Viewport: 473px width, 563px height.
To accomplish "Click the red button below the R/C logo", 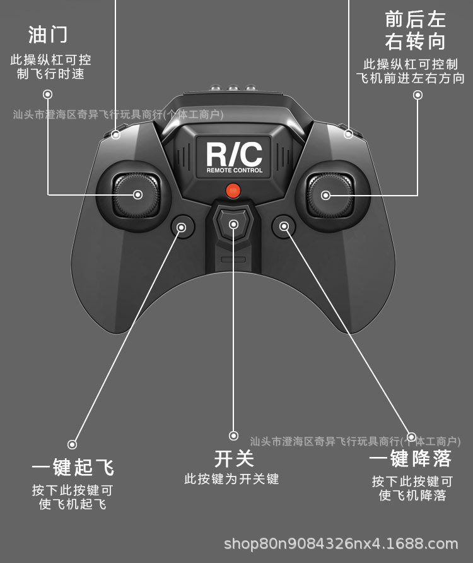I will (233, 189).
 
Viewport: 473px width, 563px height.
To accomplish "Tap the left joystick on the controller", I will (137, 194).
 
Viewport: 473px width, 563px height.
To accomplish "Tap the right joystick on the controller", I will (326, 194).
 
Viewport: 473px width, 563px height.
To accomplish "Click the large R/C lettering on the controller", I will (234, 154).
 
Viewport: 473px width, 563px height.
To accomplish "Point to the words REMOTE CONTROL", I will (234, 171).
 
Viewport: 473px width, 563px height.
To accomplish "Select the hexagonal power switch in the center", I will (233, 224).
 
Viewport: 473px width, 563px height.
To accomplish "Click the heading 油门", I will (48, 35).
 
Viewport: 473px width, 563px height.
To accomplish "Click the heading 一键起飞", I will (73, 468).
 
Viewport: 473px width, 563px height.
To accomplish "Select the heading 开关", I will (234, 459).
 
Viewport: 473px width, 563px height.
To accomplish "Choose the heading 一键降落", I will (411, 459).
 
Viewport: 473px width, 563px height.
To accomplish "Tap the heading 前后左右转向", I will (415, 30).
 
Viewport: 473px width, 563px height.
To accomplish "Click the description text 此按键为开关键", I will (231, 479).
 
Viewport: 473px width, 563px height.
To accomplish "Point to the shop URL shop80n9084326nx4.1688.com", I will (341, 543).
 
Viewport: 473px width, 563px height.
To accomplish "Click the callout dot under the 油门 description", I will (48, 95).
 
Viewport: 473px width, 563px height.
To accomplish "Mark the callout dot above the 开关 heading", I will (233, 436).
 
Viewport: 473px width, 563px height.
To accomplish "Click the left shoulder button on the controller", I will (116, 134).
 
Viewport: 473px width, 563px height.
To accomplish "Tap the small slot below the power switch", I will (233, 259).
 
